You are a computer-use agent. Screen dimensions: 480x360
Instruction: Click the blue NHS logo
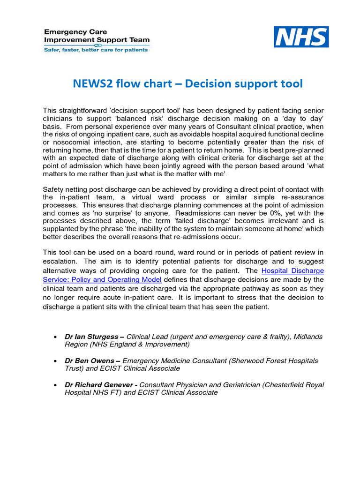click(x=301, y=37)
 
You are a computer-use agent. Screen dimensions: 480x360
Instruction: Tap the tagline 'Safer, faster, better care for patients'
click(x=96, y=50)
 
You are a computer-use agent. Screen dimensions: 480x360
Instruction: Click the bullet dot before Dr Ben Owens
click(x=56, y=361)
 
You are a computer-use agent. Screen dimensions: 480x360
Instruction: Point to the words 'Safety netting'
click(x=66, y=189)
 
